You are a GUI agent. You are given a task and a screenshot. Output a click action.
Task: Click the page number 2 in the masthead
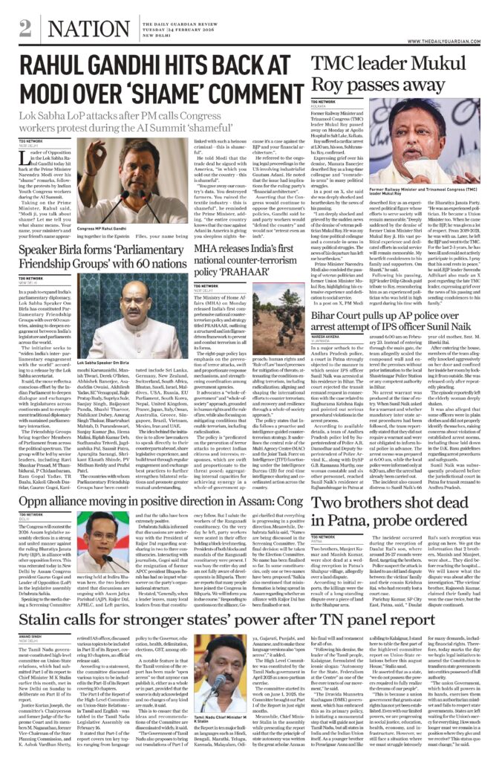(25, 28)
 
